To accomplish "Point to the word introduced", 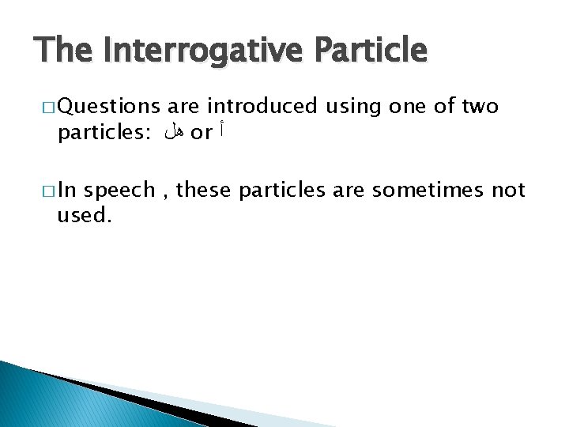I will pos(262,106).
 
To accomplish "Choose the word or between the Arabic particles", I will pos(202,134).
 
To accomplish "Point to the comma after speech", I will pos(169,195).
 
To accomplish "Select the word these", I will pos(205,191).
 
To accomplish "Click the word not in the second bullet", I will pos(508,191).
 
